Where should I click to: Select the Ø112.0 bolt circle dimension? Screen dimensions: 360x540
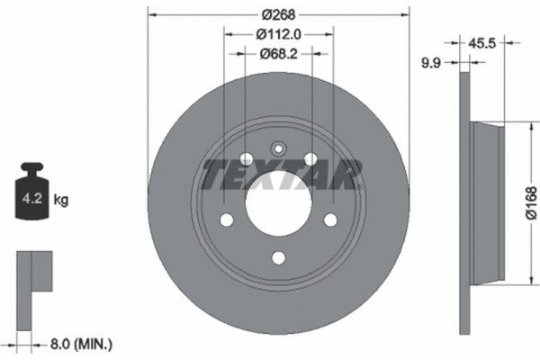pyautogui.click(x=278, y=34)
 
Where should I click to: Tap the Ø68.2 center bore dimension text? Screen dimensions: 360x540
pyautogui.click(x=278, y=54)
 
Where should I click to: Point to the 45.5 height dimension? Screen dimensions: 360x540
pyautogui.click(x=484, y=40)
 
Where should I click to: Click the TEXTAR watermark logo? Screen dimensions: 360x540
pyautogui.click(x=281, y=174)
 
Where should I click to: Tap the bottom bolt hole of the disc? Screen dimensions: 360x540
pyautogui.click(x=278, y=257)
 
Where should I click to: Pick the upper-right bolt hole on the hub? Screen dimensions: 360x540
pyautogui.click(x=310, y=159)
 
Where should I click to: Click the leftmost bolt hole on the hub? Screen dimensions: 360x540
pyautogui.click(x=227, y=220)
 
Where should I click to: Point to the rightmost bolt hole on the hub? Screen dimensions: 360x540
pyautogui.click(x=329, y=220)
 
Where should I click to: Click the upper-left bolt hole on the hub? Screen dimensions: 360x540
pyautogui.click(x=246, y=159)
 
